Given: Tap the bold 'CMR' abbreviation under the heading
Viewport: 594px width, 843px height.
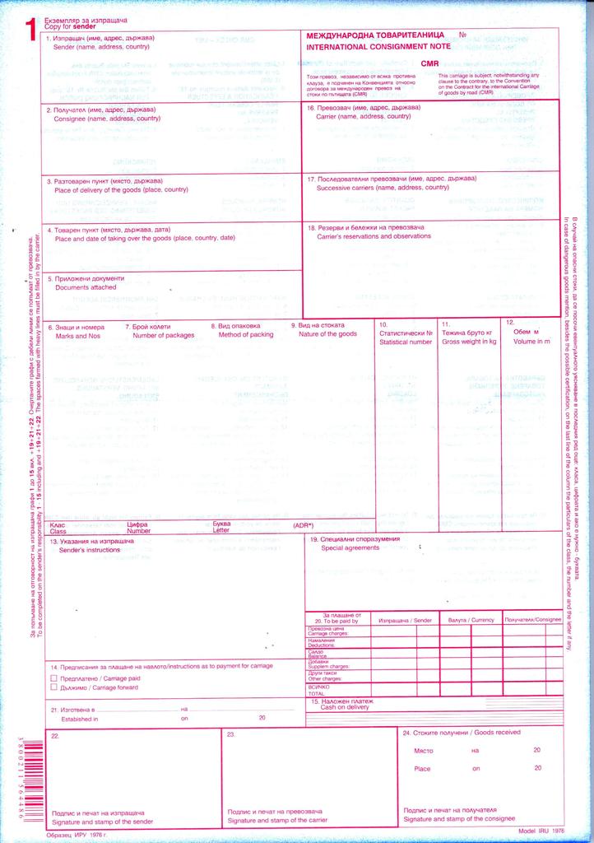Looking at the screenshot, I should tap(430, 63).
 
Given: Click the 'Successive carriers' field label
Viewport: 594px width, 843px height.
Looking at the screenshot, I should tap(383, 188).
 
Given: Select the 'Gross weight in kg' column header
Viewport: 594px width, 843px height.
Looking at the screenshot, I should tap(469, 341).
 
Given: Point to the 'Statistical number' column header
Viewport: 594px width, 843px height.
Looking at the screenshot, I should tap(406, 341).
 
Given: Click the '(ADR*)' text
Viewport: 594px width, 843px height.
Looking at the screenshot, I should tap(304, 525).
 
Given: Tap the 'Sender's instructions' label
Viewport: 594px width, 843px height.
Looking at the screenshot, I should tap(90, 550).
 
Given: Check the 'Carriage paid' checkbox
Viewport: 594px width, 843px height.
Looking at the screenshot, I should tap(54, 677).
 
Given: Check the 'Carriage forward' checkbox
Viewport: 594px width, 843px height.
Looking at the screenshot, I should tap(54, 686).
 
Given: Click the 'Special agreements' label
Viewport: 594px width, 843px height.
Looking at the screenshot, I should tap(350, 547).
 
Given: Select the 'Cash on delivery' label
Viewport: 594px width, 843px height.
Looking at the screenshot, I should tap(345, 707).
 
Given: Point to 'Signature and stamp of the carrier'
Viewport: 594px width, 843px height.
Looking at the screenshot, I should tap(277, 821).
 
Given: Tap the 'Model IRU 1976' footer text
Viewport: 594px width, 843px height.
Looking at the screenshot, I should tap(543, 832).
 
